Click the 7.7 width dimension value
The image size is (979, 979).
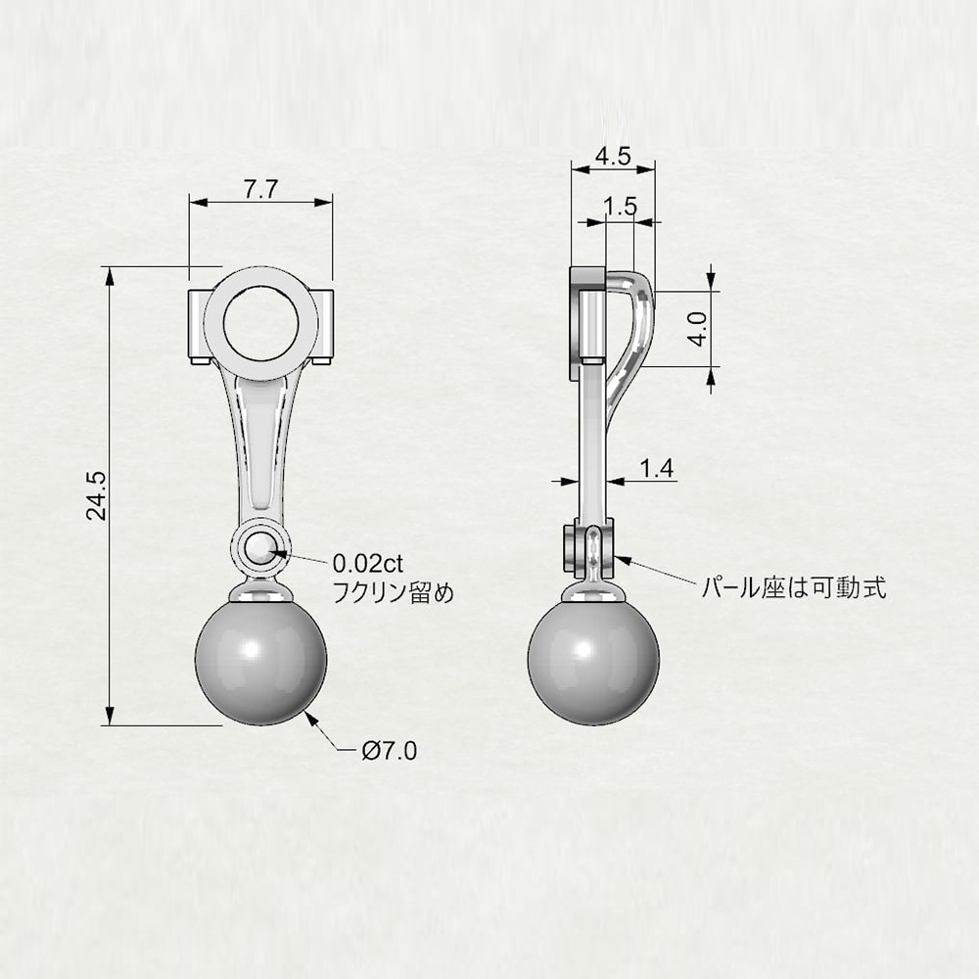tap(260, 189)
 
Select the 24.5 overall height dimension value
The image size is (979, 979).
tap(97, 496)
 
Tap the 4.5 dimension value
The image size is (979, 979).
tap(613, 156)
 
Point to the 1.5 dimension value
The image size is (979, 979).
tap(621, 206)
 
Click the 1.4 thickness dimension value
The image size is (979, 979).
tap(657, 468)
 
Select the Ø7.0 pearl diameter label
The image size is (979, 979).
tap(390, 751)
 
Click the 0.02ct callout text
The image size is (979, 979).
tap(368, 564)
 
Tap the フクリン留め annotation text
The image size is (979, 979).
tap(393, 592)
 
